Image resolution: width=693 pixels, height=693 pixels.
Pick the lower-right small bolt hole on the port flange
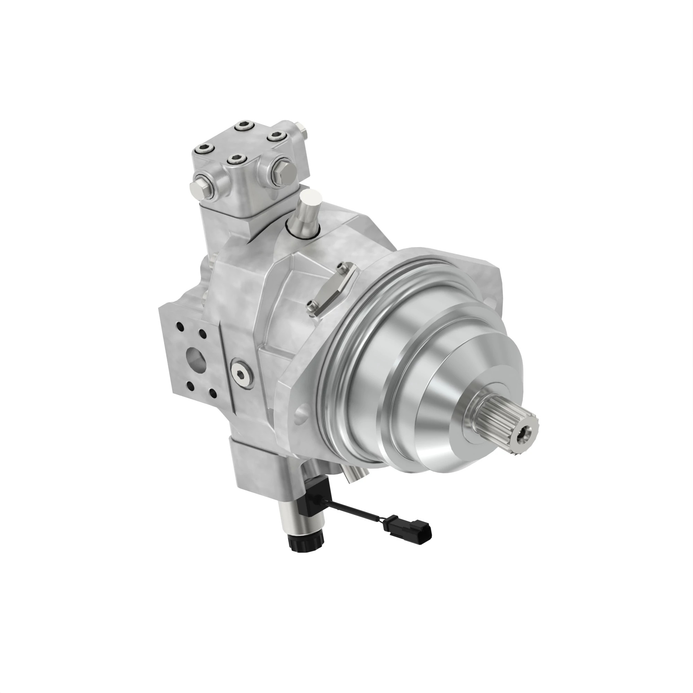[x=212, y=395]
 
